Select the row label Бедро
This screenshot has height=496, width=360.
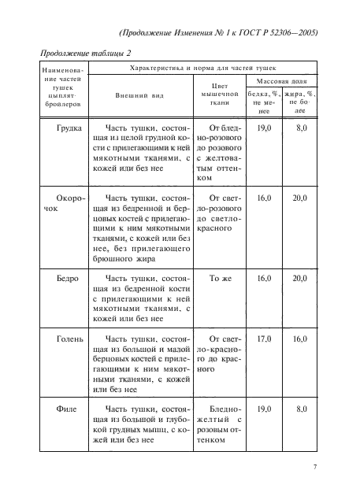click(59, 279)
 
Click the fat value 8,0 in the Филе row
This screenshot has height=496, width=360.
click(300, 409)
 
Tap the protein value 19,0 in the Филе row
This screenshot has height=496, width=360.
click(265, 409)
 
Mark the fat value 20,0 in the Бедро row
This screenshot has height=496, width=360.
click(299, 279)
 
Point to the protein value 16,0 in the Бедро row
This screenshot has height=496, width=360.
click(265, 279)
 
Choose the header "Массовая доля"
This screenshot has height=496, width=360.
click(282, 81)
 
